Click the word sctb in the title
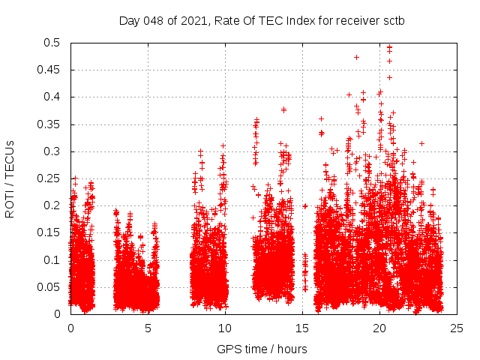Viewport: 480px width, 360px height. tap(392, 20)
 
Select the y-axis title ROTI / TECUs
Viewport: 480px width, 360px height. tap(10, 178)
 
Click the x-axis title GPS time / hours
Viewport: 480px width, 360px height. tap(262, 349)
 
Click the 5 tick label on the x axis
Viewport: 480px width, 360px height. tap(148, 328)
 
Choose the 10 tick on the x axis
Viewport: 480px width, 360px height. tap(225, 328)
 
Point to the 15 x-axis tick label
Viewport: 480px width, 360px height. tap(302, 328)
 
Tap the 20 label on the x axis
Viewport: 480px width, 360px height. tap(379, 328)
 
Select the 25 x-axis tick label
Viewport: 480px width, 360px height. tap(457, 328)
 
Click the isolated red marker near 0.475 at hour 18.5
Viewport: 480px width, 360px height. tap(356, 57)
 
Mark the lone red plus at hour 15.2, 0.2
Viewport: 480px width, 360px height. tap(305, 205)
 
